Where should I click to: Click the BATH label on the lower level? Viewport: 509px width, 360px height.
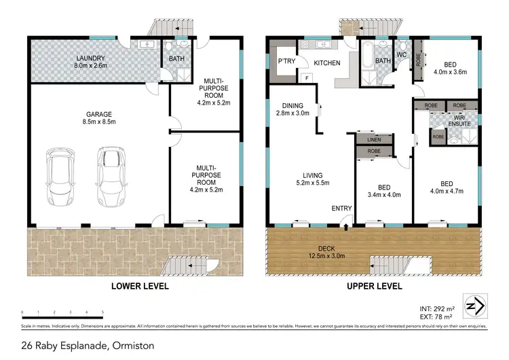click(176, 59)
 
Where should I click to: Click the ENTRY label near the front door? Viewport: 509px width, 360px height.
click(342, 208)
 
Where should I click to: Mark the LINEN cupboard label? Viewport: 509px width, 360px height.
click(375, 139)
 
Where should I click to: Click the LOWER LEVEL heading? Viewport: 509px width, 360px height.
click(140, 287)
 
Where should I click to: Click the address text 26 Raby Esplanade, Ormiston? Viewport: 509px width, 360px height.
click(88, 346)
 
